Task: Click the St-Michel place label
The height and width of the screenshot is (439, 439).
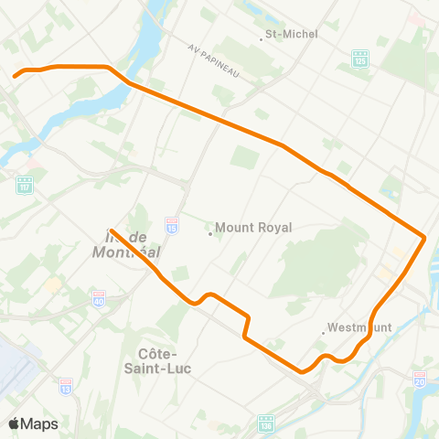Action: (291, 35)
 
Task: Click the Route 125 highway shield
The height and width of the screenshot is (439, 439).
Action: (360, 58)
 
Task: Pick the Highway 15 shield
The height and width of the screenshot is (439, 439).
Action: (171, 222)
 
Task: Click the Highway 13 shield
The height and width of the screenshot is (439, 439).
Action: (66, 386)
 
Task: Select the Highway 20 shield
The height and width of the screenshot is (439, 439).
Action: (420, 378)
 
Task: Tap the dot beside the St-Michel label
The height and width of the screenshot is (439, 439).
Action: (260, 35)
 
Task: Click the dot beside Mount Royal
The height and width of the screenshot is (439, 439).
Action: (210, 232)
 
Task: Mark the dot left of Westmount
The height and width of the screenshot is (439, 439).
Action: (325, 331)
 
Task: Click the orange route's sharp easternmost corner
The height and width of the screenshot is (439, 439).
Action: (425, 238)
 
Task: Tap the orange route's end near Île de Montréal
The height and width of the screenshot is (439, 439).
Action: (110, 230)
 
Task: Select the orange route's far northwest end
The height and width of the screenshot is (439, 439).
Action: (14, 76)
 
